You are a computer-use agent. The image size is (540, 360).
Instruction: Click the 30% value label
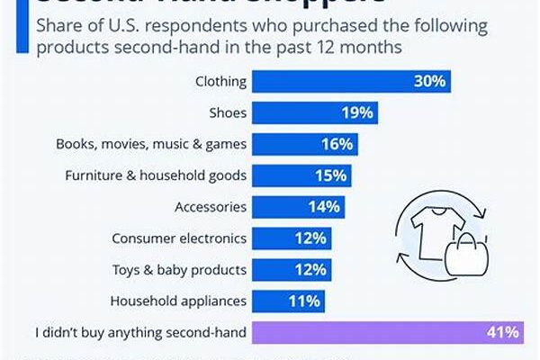429,82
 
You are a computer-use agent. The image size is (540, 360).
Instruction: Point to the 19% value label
357,112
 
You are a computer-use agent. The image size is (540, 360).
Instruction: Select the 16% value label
338,144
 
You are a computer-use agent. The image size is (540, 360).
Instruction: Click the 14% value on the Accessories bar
323,206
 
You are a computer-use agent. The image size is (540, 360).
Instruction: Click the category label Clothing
220,82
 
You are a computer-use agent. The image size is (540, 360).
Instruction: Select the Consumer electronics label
178,238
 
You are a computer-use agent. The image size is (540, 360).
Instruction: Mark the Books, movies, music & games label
151,144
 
